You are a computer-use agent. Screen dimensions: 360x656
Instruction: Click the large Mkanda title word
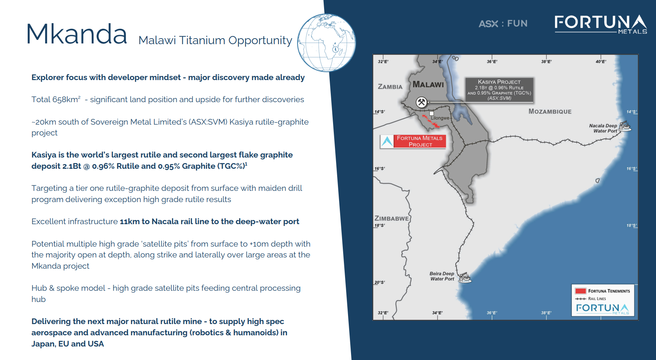pyautogui.click(x=77, y=34)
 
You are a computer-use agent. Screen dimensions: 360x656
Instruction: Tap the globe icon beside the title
pyautogui.click(x=326, y=43)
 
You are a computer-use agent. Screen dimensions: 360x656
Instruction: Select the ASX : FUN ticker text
pyautogui.click(x=503, y=24)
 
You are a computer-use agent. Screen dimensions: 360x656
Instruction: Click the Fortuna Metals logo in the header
pyautogui.click(x=601, y=24)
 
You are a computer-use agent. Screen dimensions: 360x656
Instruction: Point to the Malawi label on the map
pyautogui.click(x=428, y=85)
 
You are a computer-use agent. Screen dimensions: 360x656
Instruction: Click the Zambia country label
pyautogui.click(x=390, y=87)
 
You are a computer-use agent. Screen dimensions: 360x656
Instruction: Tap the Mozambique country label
pyautogui.click(x=550, y=112)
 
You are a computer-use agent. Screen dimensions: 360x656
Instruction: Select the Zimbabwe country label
pyautogui.click(x=391, y=219)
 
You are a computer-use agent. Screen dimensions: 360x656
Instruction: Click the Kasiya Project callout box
pyautogui.click(x=499, y=90)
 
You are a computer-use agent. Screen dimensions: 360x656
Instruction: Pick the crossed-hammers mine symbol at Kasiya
pyautogui.click(x=421, y=102)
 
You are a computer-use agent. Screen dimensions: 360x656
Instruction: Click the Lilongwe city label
pyautogui.click(x=440, y=118)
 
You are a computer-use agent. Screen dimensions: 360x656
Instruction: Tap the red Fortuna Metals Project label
pyautogui.click(x=419, y=141)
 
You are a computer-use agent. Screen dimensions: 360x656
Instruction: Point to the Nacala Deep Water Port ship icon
pyautogui.click(x=625, y=126)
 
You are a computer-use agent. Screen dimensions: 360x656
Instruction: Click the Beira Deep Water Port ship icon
pyautogui.click(x=464, y=278)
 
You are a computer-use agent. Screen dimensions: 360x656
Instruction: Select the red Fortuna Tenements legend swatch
pyautogui.click(x=580, y=291)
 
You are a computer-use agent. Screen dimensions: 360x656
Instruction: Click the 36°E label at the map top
pyautogui.click(x=492, y=62)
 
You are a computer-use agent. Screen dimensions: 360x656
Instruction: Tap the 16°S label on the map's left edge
pyautogui.click(x=379, y=169)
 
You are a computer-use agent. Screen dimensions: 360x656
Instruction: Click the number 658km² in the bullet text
pyautogui.click(x=66, y=100)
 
